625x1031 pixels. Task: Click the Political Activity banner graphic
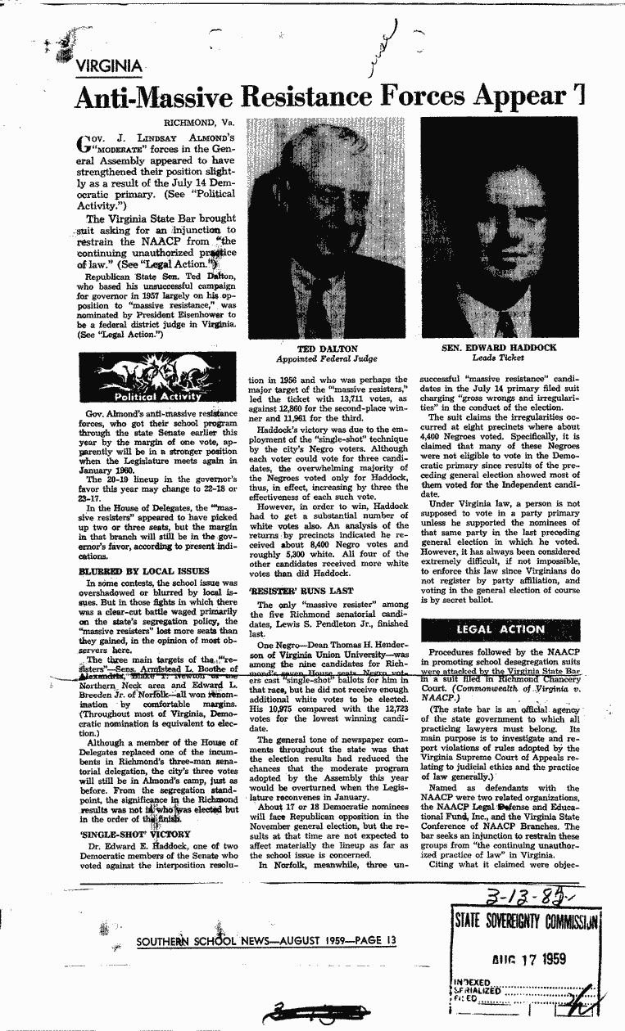[x=157, y=382]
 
